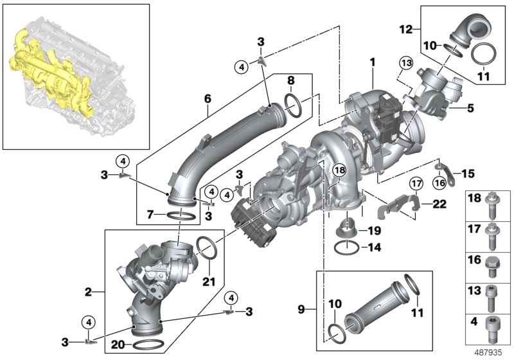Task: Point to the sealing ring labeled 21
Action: click(x=206, y=246)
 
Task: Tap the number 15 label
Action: click(x=467, y=173)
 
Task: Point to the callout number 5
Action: click(x=470, y=109)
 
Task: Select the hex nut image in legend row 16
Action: click(x=492, y=264)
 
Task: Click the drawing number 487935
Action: click(x=489, y=352)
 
